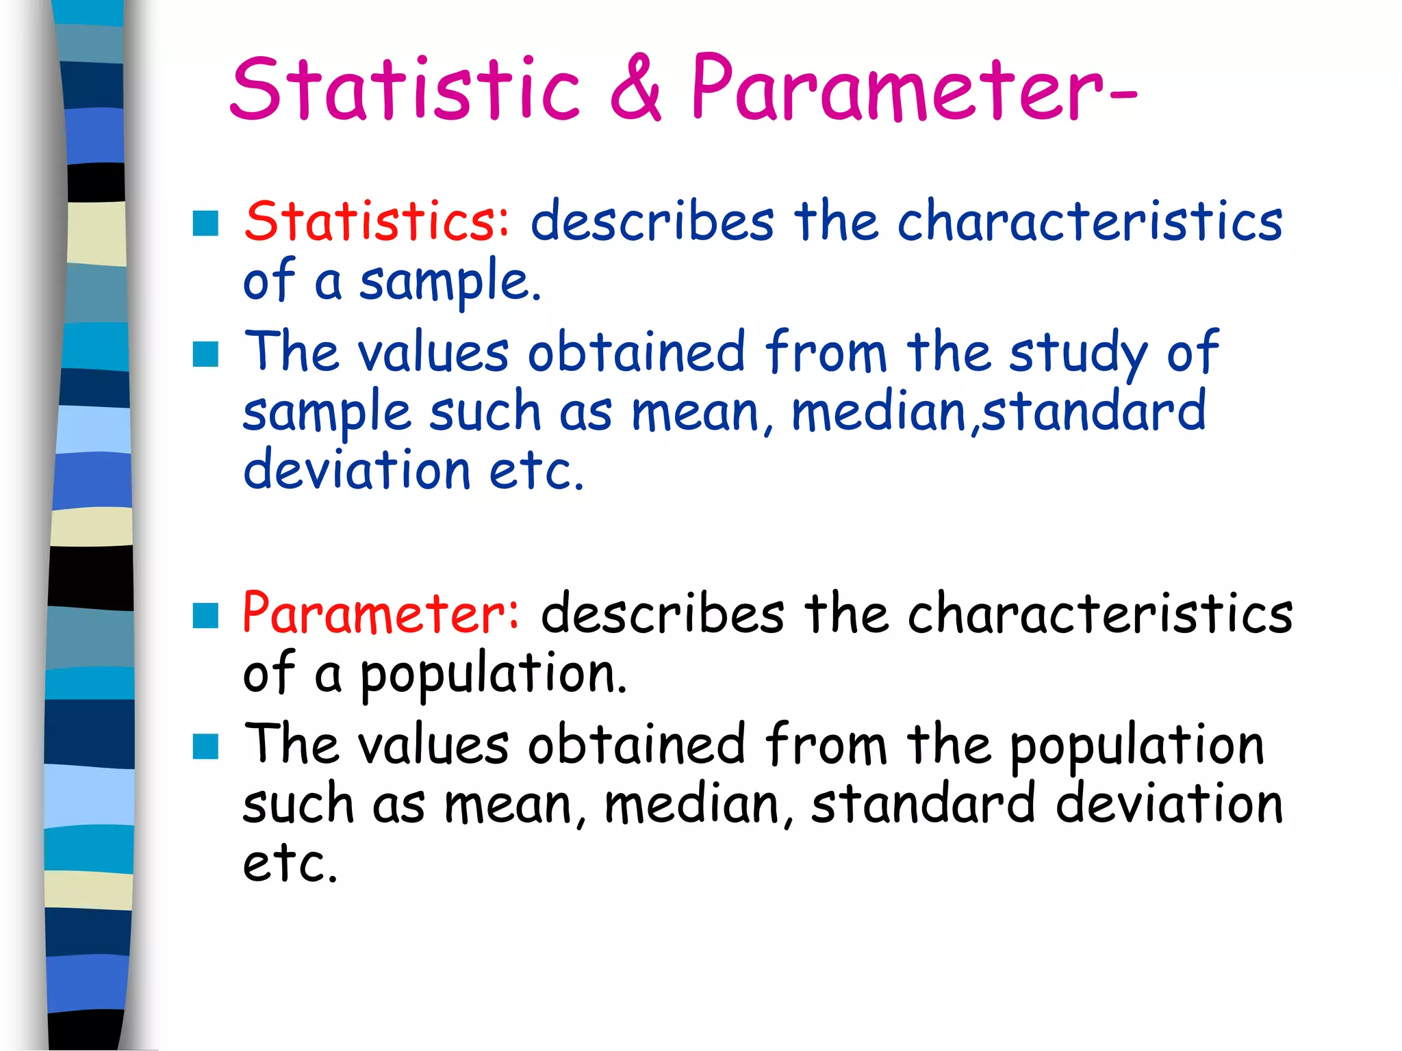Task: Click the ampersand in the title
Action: (636, 89)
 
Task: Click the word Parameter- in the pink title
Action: (914, 89)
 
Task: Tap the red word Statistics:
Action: (377, 222)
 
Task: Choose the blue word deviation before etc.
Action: (357, 471)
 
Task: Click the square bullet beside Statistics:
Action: (205, 223)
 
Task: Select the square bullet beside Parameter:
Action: (205, 616)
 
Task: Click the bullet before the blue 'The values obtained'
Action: (205, 354)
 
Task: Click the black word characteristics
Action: (1100, 614)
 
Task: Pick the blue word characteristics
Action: (1090, 222)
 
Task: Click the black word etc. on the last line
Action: (290, 864)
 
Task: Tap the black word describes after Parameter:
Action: (663, 614)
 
